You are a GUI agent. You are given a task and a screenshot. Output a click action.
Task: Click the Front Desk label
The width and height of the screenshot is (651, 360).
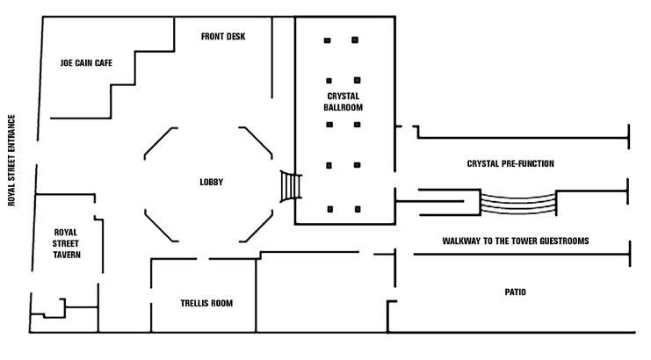[223, 37]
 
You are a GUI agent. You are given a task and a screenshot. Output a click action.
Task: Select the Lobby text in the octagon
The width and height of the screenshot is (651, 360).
[211, 183]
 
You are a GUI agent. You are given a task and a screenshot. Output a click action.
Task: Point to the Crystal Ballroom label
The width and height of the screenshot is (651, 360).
[344, 101]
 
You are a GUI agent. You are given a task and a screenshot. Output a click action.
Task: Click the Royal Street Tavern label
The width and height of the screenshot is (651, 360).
[66, 242]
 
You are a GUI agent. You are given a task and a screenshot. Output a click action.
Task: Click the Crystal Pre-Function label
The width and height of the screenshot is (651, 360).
[510, 164]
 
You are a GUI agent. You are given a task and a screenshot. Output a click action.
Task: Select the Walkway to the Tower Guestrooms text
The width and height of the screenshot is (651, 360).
[515, 241]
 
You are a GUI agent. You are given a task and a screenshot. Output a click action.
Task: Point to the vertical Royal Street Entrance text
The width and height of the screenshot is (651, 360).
[12, 160]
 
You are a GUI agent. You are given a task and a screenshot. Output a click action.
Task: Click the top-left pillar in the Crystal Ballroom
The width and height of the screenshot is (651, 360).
[327, 40]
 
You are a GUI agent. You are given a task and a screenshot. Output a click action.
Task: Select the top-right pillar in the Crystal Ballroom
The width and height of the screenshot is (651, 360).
[355, 40]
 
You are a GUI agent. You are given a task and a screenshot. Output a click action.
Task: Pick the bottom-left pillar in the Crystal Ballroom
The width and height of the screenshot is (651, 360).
[329, 209]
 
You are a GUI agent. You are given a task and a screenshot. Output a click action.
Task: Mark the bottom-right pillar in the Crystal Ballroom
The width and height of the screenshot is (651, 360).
[358, 209]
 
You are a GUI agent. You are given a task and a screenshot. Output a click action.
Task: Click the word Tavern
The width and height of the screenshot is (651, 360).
[66, 255]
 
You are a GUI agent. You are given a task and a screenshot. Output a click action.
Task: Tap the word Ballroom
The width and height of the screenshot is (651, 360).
[344, 107]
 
